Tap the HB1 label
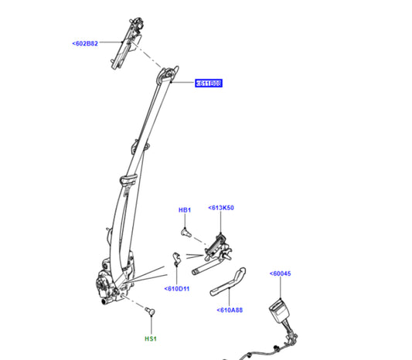pos(185,210)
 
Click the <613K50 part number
pos(221,208)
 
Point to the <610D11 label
pos(177,289)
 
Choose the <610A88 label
pos(229,311)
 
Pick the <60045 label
pos(281,273)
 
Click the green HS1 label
pos(152,338)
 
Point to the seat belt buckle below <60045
pos(278,313)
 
